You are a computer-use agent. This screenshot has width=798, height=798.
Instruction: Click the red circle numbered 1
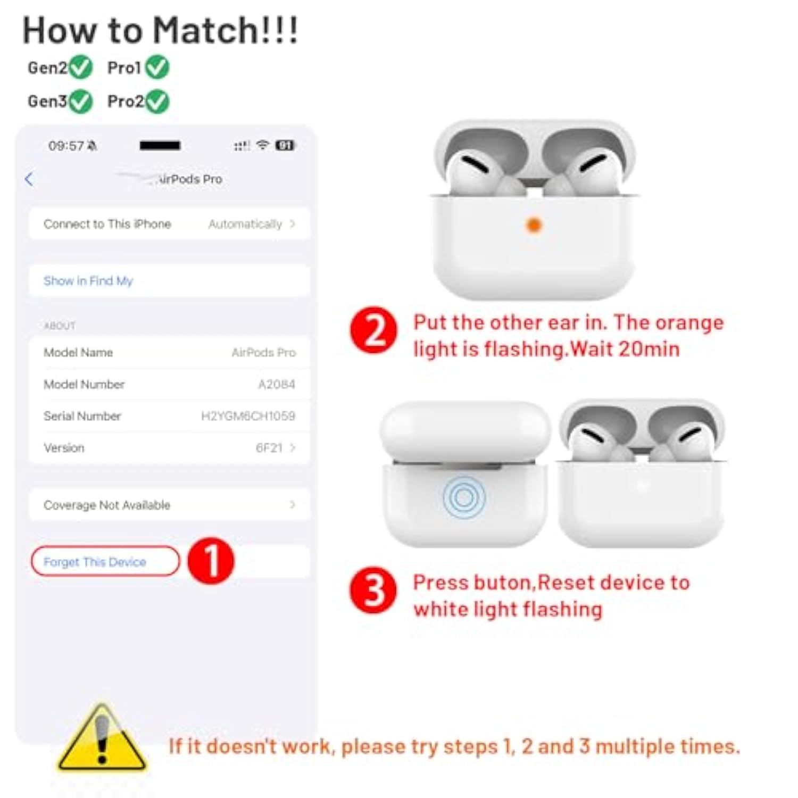(x=211, y=561)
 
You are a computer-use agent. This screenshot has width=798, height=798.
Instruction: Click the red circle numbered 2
(x=373, y=330)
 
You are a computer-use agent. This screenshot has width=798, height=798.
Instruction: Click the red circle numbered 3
(x=373, y=590)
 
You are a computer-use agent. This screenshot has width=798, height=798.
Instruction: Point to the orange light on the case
(x=534, y=225)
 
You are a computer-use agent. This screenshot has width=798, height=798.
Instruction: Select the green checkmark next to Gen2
(x=81, y=68)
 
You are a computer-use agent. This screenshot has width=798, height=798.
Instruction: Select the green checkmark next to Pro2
(x=157, y=101)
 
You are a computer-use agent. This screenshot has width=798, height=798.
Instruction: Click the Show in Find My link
(x=88, y=281)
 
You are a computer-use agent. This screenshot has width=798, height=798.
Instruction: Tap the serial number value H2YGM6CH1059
(x=248, y=416)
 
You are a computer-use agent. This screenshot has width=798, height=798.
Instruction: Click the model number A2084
(x=276, y=384)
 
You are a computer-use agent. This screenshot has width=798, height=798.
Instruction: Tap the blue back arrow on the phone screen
(x=29, y=179)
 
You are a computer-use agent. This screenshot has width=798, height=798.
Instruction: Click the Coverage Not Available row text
(x=107, y=505)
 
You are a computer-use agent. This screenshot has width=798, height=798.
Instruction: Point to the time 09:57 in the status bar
(x=66, y=146)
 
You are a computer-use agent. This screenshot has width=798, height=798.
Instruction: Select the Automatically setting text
(x=245, y=224)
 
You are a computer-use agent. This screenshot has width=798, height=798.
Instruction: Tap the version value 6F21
(x=269, y=448)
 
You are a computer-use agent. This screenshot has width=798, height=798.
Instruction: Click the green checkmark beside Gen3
(x=81, y=101)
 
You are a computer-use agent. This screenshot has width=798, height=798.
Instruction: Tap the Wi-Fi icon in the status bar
(x=262, y=145)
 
